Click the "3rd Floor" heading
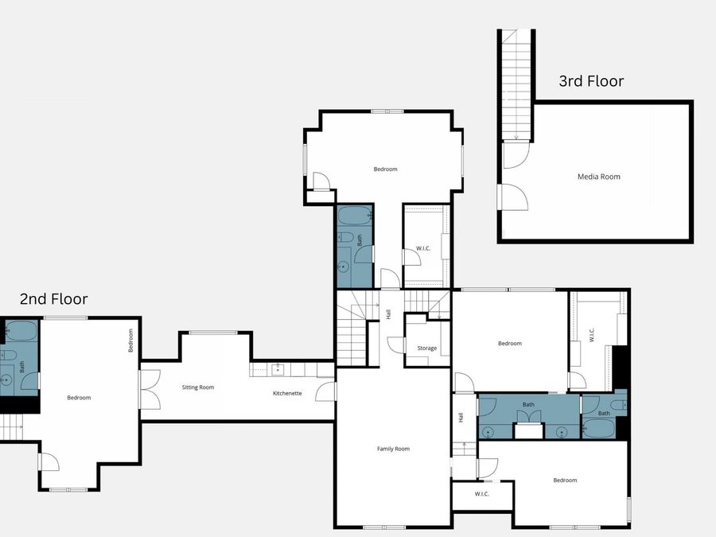click(x=591, y=81)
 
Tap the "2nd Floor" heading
click(x=54, y=298)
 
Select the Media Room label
click(x=598, y=177)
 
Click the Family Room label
click(x=393, y=449)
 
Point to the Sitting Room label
click(x=198, y=387)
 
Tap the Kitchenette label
click(x=287, y=393)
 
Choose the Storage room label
click(x=427, y=348)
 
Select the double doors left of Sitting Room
click(x=150, y=389)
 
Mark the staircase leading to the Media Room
click(x=516, y=84)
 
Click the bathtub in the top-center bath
click(x=355, y=216)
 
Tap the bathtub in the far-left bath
click(x=21, y=331)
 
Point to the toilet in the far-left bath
click(x=8, y=356)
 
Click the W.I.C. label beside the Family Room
click(x=482, y=493)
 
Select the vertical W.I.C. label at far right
click(x=592, y=335)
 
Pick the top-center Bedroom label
click(x=385, y=169)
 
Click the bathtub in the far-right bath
click(x=598, y=428)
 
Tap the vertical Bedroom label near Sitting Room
click(x=130, y=340)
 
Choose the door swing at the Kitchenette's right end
click(x=325, y=391)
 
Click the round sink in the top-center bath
click(x=344, y=267)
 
